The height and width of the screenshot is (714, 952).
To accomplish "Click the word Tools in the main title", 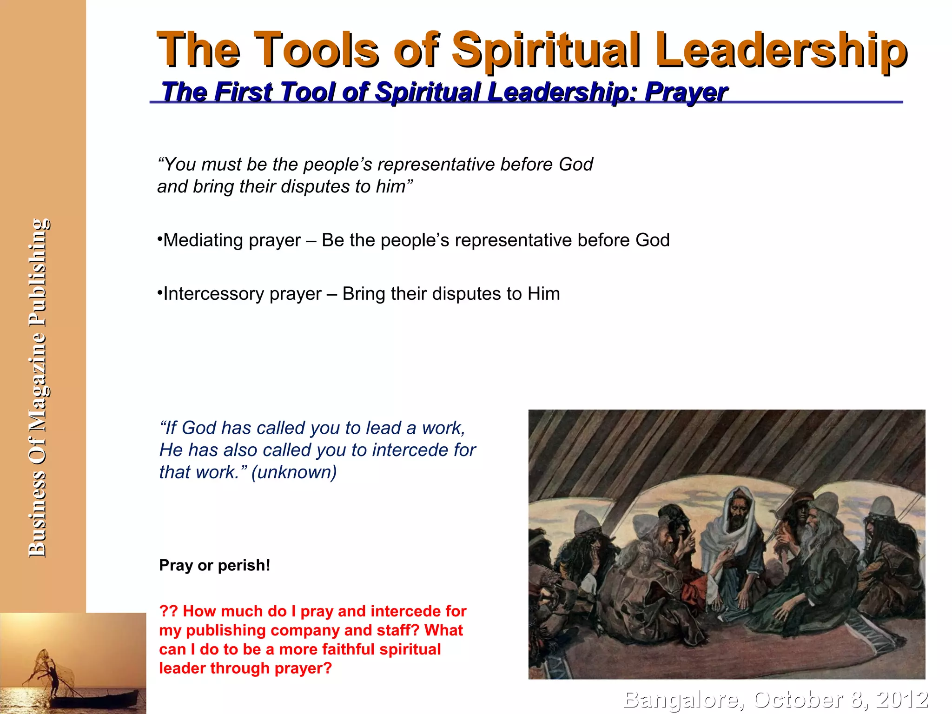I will [x=316, y=50].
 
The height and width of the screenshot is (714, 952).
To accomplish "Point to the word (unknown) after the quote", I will [x=294, y=472].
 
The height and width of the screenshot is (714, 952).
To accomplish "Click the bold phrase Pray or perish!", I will [x=214, y=565].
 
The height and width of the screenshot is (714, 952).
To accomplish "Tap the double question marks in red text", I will [x=168, y=611].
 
